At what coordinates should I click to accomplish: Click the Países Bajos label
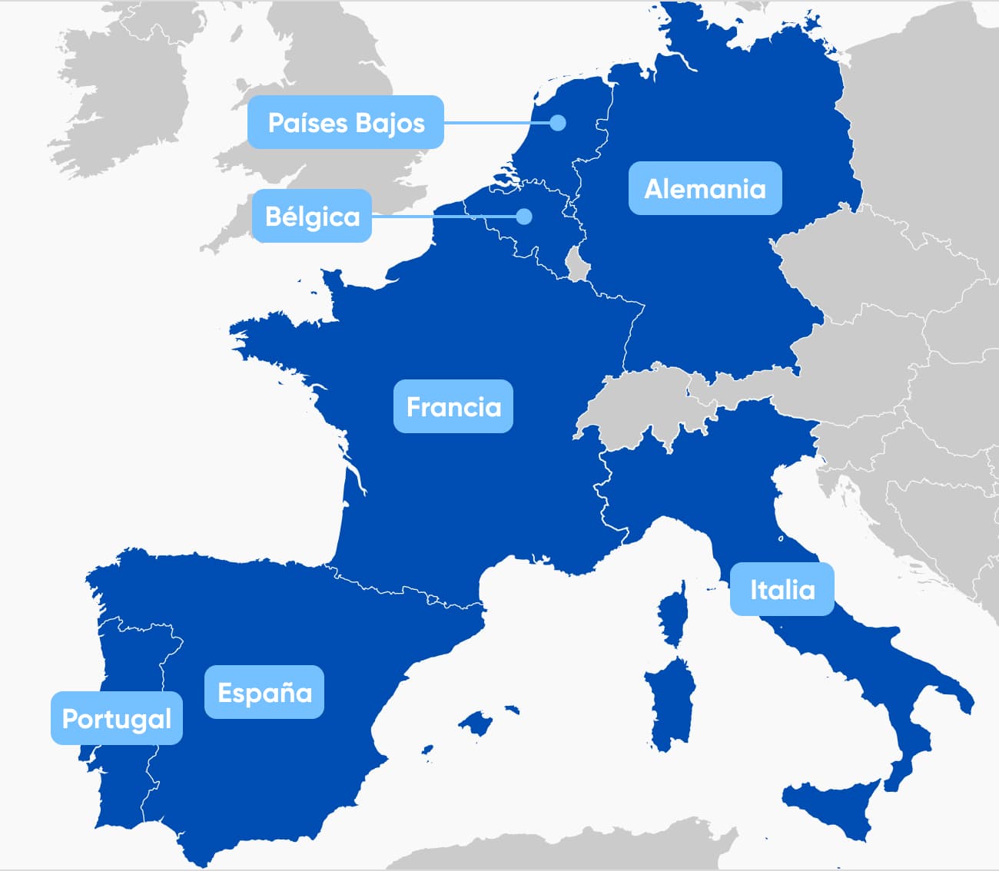(346, 123)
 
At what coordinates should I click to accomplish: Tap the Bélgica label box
(312, 217)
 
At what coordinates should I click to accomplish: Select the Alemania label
(705, 189)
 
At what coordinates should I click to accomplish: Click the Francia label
(453, 406)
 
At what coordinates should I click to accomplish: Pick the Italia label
(782, 590)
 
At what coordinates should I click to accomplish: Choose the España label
(264, 693)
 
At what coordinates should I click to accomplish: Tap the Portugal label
(117, 719)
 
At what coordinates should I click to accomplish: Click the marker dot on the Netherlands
(558, 123)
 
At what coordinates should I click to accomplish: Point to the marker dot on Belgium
(524, 217)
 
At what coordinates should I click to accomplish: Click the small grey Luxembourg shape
(577, 264)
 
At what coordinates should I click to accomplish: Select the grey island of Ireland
(123, 100)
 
